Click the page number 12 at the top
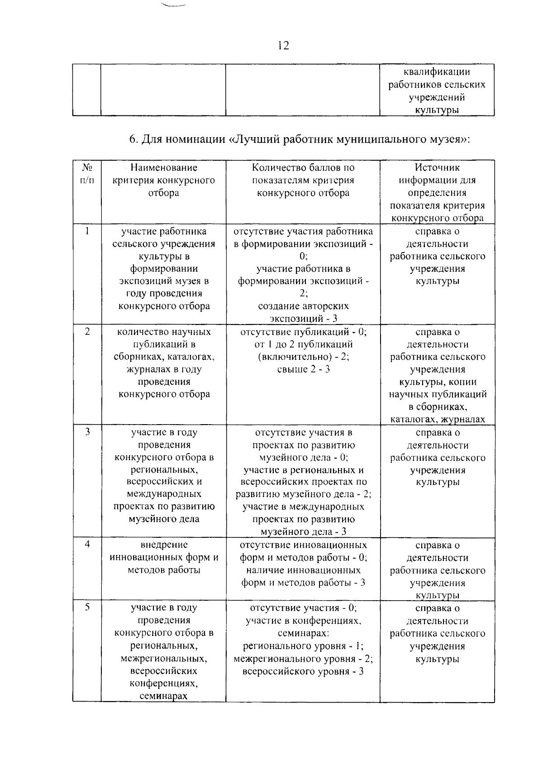point(283,45)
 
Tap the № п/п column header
point(87,174)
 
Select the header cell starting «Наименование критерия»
point(163,180)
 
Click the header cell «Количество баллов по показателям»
point(303,180)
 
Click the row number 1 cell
point(87,231)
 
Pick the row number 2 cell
point(87,332)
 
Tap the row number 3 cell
point(87,432)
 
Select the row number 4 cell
point(87,545)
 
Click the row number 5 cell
point(87,607)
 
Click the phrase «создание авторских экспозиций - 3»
point(303,312)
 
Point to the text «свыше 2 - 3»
point(303,369)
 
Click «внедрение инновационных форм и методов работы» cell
point(164,557)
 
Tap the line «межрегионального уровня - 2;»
point(303,659)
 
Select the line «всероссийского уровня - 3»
point(303,671)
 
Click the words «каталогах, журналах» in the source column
point(437,419)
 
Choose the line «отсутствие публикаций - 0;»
point(303,332)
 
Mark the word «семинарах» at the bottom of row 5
point(163,696)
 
